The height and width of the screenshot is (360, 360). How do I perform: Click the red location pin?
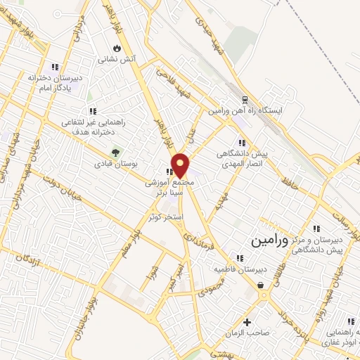pyautogui.click(x=181, y=165)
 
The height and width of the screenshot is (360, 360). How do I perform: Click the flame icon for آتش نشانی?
pyautogui.click(x=117, y=49)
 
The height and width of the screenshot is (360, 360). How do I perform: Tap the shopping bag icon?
pyautogui.click(x=262, y=285)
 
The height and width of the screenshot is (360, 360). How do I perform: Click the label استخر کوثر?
pyautogui.click(x=166, y=217)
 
